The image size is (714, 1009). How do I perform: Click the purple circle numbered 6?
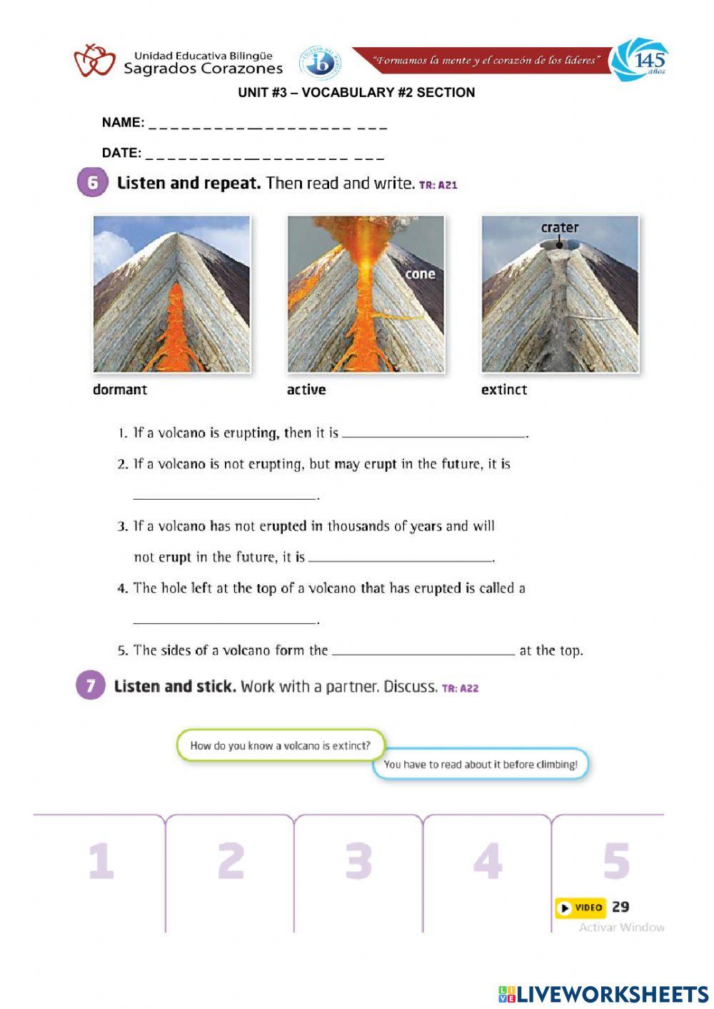92,183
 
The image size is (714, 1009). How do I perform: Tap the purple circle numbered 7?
91,686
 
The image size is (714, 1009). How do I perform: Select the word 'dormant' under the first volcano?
120,390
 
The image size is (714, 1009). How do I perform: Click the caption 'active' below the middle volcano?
306,390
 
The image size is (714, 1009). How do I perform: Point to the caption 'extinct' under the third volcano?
504,390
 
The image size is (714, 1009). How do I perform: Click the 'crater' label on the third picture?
560,228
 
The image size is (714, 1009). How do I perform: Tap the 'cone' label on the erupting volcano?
420,274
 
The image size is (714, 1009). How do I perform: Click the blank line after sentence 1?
434,436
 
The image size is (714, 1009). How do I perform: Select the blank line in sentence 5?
423,653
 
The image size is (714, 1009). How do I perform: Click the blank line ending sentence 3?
401,560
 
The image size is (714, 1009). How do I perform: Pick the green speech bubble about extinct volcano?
281,746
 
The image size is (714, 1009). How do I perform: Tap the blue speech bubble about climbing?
481,764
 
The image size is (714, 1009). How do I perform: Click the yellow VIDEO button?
580,908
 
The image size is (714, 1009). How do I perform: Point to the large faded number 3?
358,860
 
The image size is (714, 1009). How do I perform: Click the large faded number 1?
101,860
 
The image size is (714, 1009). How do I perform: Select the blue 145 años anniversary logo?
640,61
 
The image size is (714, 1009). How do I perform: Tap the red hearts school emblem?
94,61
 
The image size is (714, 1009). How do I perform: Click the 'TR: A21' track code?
438,185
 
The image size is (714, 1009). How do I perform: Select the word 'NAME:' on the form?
123,122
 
